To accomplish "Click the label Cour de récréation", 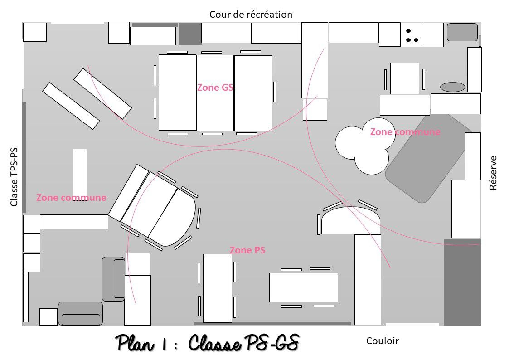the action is click(x=251, y=15).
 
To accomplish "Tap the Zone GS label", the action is click(x=215, y=88).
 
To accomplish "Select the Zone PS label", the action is click(x=247, y=250).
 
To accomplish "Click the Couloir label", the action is click(x=383, y=341).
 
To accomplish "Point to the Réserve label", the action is click(x=493, y=173).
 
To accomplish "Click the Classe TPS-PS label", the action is click(x=14, y=177).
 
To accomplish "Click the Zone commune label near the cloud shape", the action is click(x=405, y=132).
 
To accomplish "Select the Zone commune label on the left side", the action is click(x=71, y=198).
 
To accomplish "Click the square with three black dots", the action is click(x=411, y=35).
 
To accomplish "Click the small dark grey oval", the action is click(x=453, y=87).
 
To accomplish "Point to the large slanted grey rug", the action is click(x=428, y=158).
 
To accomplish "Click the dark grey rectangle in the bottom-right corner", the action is click(x=462, y=282).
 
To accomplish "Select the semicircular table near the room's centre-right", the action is click(x=350, y=221).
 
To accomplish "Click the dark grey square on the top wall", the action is click(x=190, y=34).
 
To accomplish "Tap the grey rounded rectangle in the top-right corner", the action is click(x=462, y=32).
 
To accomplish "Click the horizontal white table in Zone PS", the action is click(x=304, y=287).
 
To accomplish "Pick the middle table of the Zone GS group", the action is click(x=215, y=93).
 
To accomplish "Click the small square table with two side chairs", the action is click(x=404, y=78).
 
